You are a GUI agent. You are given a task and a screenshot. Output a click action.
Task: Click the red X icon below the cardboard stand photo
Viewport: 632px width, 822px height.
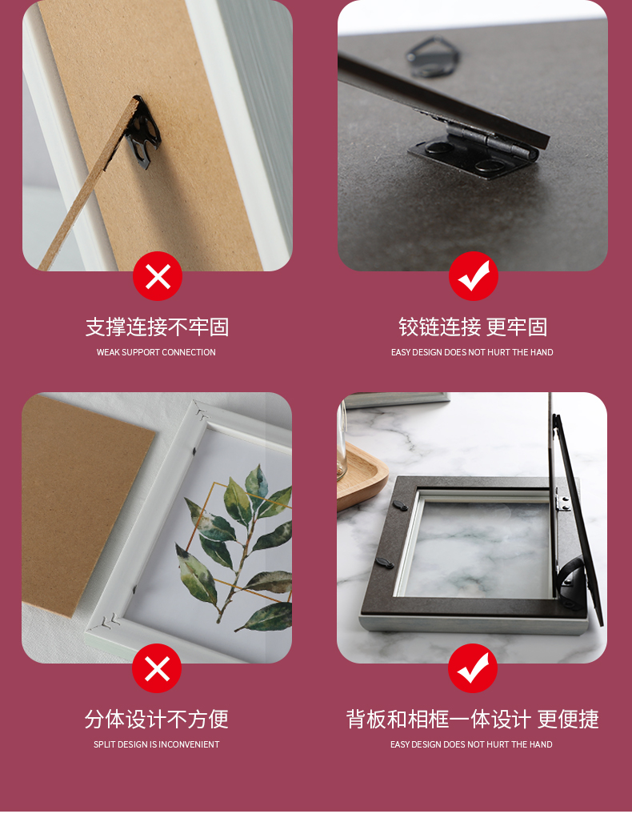(x=158, y=276)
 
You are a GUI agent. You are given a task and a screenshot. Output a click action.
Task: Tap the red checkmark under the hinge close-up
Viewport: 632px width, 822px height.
(x=474, y=276)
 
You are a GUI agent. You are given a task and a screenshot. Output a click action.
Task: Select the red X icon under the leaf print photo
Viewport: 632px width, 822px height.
(x=157, y=668)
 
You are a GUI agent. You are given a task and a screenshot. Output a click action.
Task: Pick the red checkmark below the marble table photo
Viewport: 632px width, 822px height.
(x=473, y=668)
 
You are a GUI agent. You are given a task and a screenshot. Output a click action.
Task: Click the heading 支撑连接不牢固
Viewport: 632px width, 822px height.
(x=158, y=327)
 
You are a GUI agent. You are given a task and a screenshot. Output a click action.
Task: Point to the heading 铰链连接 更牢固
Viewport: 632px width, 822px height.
(x=473, y=327)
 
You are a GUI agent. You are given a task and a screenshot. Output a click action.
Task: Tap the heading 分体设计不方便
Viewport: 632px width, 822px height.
(x=157, y=720)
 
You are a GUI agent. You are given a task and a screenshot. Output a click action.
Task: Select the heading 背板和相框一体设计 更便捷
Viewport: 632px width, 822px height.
(x=472, y=720)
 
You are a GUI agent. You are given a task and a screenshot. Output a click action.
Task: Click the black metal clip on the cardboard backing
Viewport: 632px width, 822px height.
(x=143, y=133)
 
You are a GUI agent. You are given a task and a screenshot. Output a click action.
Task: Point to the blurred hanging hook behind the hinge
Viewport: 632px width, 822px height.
(x=433, y=56)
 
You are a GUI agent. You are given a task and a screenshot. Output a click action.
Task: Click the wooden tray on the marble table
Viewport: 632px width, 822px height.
(x=361, y=477)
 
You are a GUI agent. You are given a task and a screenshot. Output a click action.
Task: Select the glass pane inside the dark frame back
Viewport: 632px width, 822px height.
(x=474, y=545)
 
